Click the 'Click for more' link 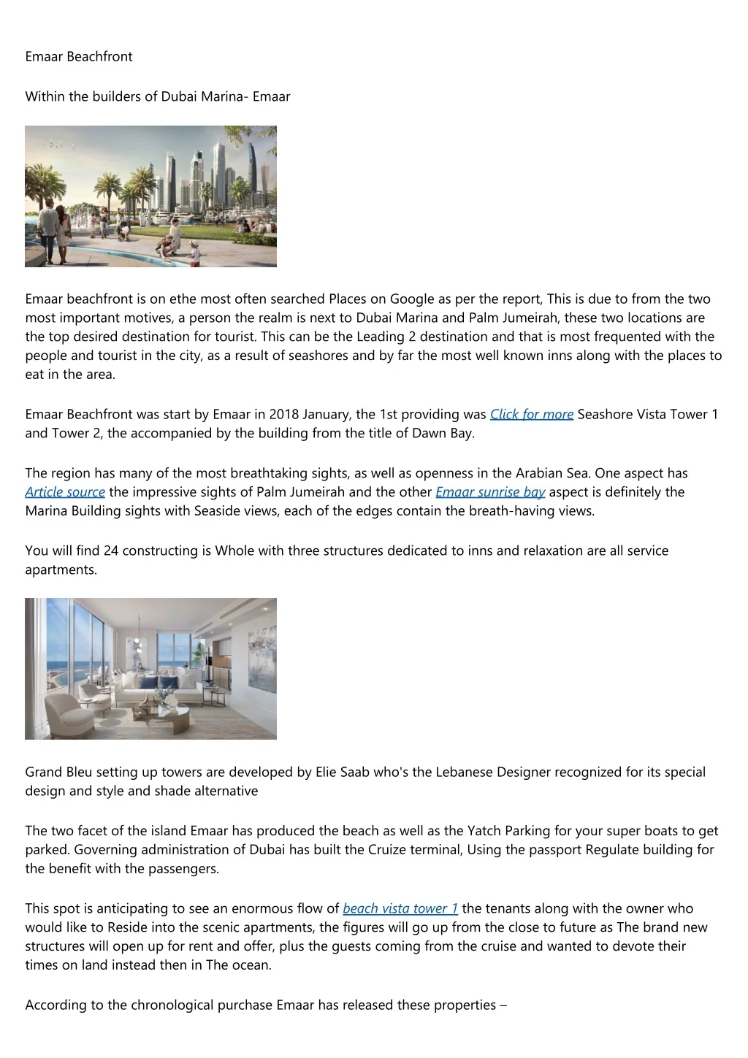coord(531,415)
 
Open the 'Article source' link coord(65,492)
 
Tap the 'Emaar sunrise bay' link coord(490,492)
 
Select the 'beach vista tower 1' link coord(400,909)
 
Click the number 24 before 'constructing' coord(111,551)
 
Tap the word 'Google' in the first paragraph coord(412,299)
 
